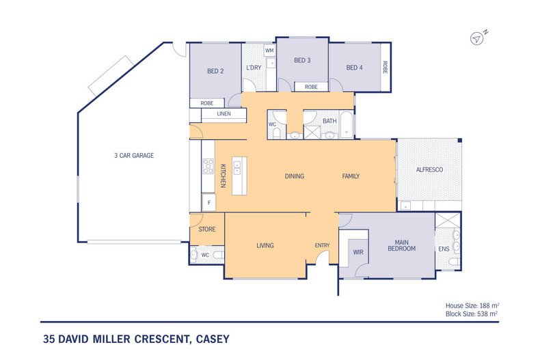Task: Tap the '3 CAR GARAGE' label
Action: [133, 156]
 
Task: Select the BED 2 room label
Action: [216, 70]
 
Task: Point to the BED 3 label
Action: [302, 61]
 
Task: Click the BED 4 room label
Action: [354, 68]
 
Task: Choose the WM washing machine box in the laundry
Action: [269, 51]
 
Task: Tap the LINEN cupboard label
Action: [224, 114]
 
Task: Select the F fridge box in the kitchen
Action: [208, 203]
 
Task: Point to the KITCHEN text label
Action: [223, 176]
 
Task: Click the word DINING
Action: [294, 176]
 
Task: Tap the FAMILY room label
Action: [351, 176]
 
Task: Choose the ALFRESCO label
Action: [431, 170]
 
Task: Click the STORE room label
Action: [206, 230]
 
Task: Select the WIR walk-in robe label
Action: [357, 252]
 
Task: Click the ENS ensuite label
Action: [444, 249]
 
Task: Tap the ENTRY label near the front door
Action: [322, 246]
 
